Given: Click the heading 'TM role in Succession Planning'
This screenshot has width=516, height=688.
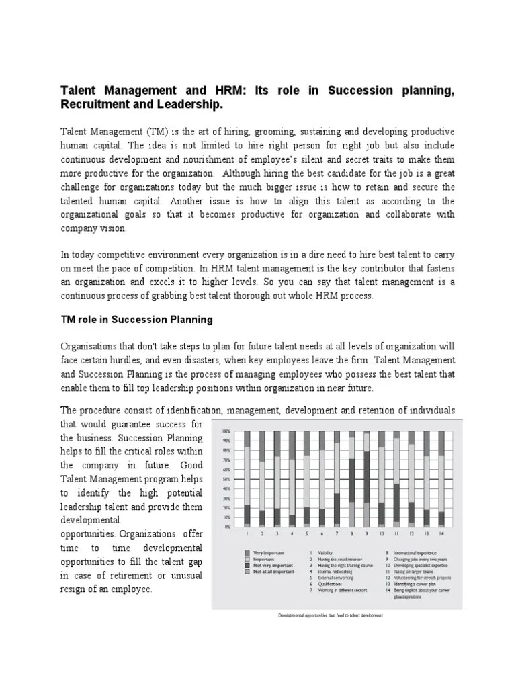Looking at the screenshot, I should coord(136,320).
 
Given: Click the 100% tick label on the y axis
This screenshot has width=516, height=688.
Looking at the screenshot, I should coord(226,431).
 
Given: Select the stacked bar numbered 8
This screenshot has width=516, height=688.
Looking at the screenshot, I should coord(352,478).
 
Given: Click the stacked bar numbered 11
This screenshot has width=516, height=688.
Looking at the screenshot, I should coord(396,478).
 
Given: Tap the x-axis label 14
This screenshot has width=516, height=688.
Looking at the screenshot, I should coord(441,535).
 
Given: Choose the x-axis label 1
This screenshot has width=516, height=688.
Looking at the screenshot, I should coord(247,535).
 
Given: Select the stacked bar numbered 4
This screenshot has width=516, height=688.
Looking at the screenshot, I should coord(292,478).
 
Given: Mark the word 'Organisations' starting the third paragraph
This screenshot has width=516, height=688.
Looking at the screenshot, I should coord(90,346).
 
